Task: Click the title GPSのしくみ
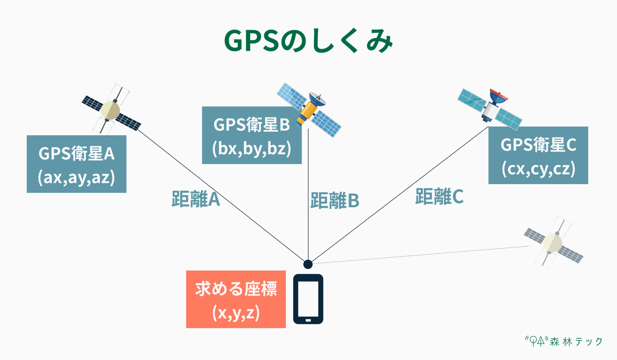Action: coord(308,41)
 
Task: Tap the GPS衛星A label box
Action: coord(77,164)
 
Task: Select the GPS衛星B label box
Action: coord(252,135)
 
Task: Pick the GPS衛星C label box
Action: coord(538,155)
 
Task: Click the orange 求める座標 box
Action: coord(236,299)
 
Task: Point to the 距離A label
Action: coord(196,199)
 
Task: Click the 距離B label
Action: coord(335,201)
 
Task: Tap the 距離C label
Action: coord(439,196)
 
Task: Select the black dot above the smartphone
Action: coord(308,264)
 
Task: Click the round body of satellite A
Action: coord(110,111)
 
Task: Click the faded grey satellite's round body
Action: coord(553,243)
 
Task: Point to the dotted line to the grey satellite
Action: coord(422,255)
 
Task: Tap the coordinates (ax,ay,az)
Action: coord(77,177)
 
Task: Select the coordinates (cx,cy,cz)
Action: coord(538,169)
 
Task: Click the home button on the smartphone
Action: coord(308,320)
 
